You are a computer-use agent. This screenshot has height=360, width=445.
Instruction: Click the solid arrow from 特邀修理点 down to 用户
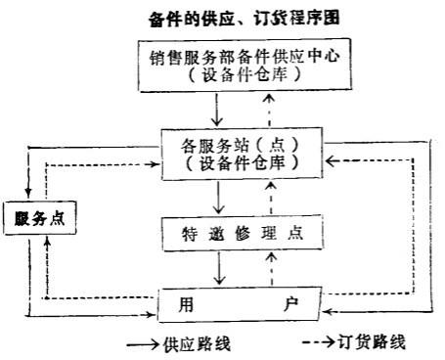coord(224,268)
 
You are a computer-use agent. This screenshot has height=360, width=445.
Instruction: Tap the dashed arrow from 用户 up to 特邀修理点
coord(259,268)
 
